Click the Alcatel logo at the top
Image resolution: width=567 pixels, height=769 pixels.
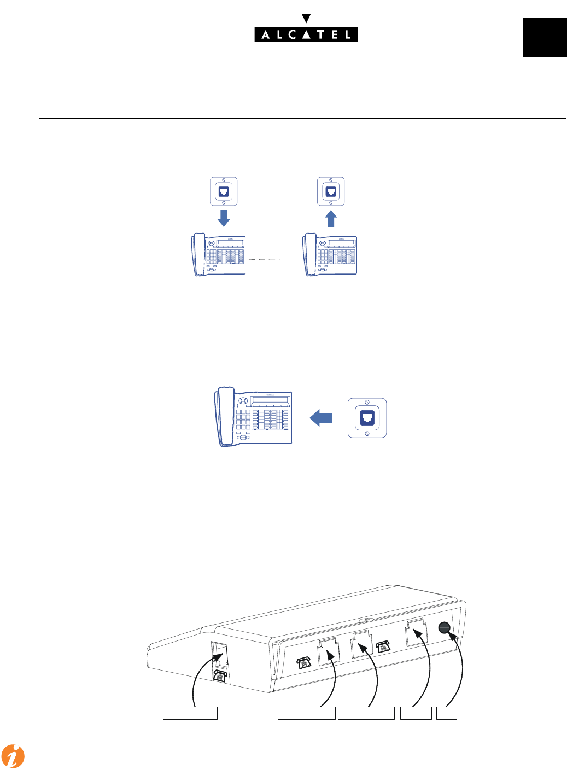(x=306, y=34)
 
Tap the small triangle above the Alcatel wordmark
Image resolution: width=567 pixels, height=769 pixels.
(x=306, y=19)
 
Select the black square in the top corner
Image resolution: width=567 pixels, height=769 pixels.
(x=544, y=37)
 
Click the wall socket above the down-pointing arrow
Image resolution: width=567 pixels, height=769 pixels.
(x=224, y=191)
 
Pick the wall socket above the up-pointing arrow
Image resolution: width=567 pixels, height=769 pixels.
(x=331, y=191)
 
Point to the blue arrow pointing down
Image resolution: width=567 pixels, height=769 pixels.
(x=224, y=218)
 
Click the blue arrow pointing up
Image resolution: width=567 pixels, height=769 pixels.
(x=331, y=219)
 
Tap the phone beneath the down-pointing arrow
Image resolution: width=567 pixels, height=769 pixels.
(x=219, y=255)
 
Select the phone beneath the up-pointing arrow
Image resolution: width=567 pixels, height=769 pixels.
(x=330, y=255)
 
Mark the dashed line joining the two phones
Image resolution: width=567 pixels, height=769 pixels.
(x=274, y=260)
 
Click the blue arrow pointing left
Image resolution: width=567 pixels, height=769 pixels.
(x=322, y=418)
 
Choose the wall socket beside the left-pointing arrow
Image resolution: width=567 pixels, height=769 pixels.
(x=367, y=418)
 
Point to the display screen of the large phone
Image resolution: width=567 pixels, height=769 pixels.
(x=270, y=400)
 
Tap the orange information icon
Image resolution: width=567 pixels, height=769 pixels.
(x=13, y=756)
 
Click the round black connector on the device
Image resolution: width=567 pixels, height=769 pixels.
(x=445, y=628)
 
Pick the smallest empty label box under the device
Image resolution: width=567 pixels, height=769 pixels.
(x=446, y=713)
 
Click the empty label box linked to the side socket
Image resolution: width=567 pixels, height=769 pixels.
(x=190, y=713)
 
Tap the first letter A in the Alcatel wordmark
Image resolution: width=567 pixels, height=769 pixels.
(x=266, y=35)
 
